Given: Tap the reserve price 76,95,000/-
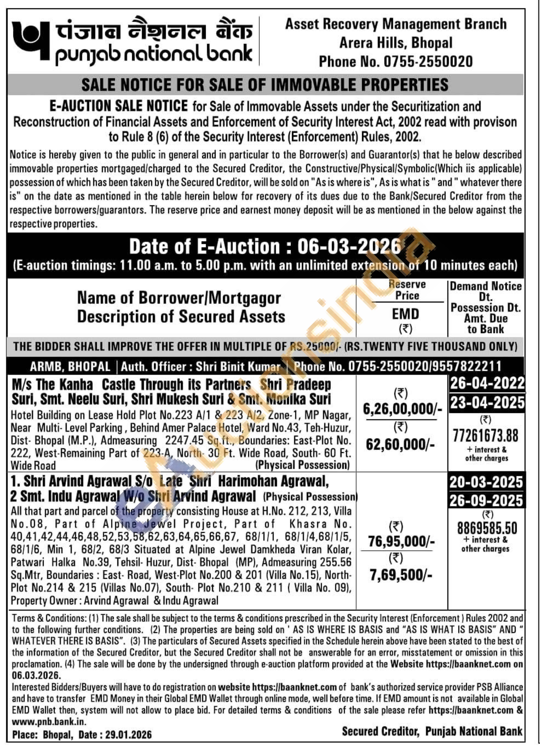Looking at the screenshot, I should (x=401, y=541).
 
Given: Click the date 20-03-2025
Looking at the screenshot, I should (x=486, y=482).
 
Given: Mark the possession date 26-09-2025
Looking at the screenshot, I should (x=486, y=501).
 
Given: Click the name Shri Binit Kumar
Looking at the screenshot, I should (x=238, y=366).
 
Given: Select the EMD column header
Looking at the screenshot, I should (x=405, y=314).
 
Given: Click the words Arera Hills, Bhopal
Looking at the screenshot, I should (x=396, y=43).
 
